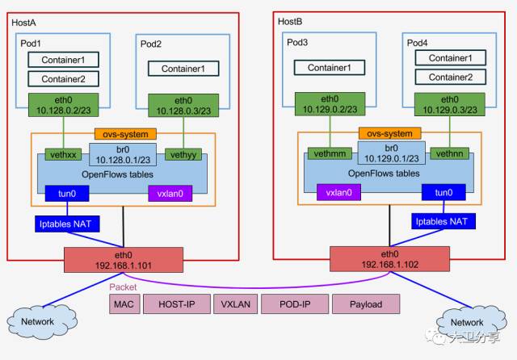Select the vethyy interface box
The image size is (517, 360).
pyautogui.click(x=182, y=153)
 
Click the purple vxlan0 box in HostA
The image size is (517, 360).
pyautogui.click(x=170, y=194)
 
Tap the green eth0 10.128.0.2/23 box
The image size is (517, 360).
pyautogui.click(x=63, y=104)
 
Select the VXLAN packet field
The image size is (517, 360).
pyautogui.click(x=235, y=304)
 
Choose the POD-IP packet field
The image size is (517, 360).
pyautogui.click(x=296, y=304)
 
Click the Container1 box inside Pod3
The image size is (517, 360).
pyautogui.click(x=327, y=68)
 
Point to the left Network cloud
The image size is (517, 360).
pyautogui.click(x=37, y=320)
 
